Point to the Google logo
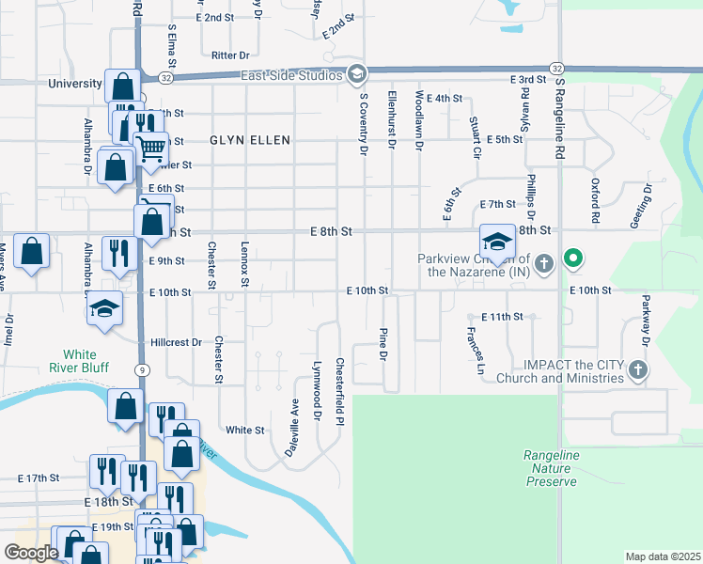pos(31,553)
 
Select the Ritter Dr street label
pos(230,55)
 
